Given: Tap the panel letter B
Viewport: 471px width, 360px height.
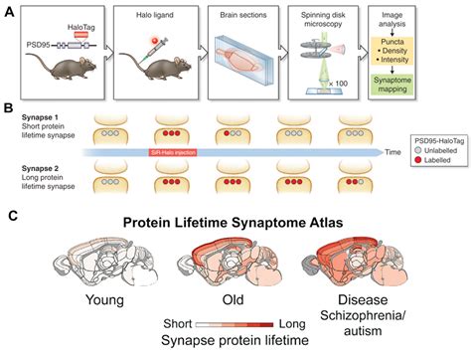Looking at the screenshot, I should pos(10,102).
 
